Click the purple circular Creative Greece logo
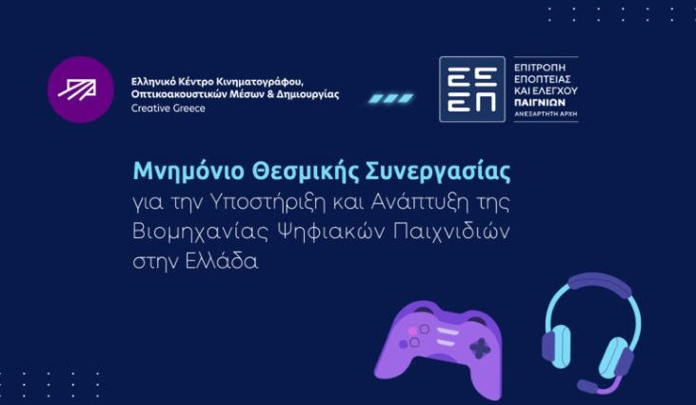coord(81,90)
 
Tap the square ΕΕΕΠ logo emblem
coord(472,90)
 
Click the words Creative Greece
coord(169,109)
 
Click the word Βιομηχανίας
coord(201,233)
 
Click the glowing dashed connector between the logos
coord(391,98)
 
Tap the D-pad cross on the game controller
coord(479,349)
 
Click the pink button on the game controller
coord(412,332)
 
